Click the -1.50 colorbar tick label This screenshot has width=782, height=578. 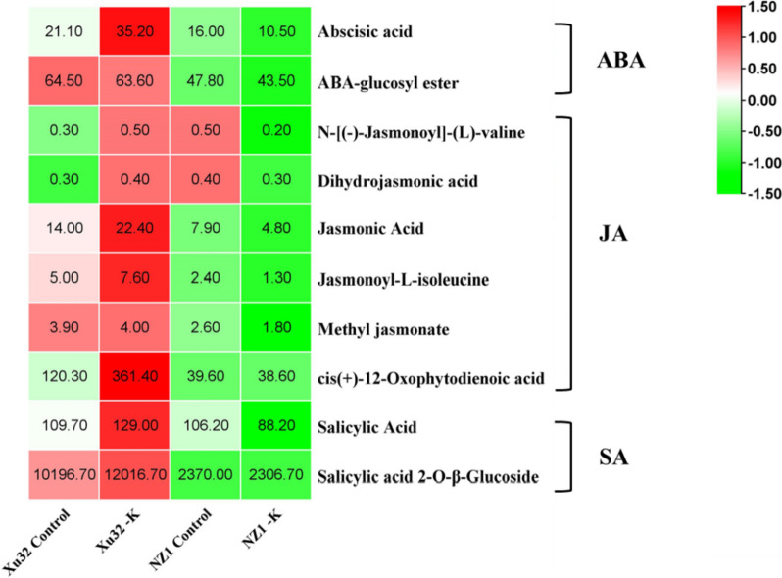point(758,193)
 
